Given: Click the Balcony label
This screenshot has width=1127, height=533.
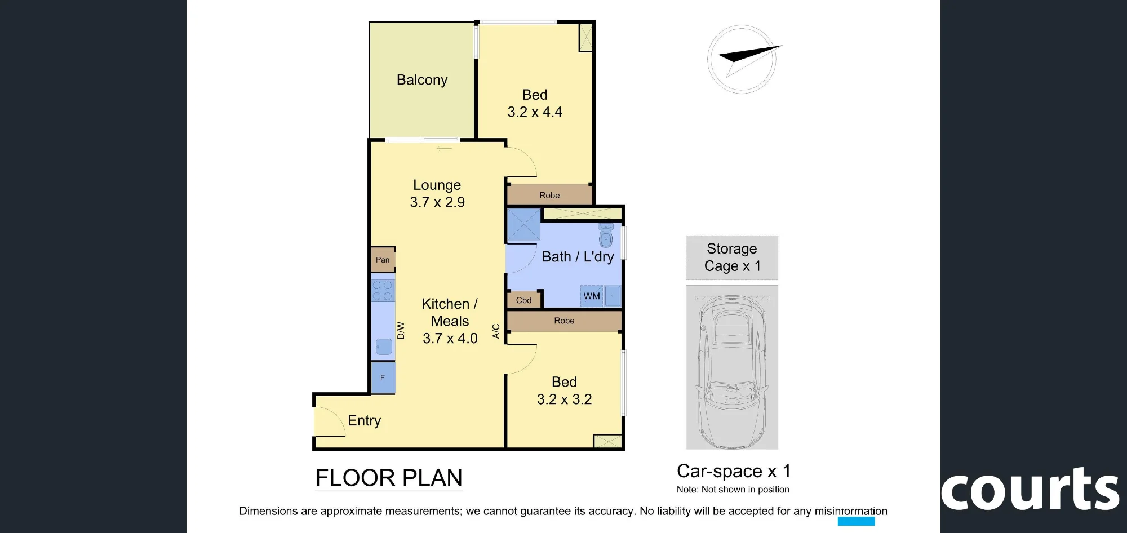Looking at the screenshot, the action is tap(422, 80).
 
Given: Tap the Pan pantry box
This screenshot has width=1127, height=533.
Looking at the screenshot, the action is tap(383, 260).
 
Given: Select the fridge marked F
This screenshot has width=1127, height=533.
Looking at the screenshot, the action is tap(383, 377).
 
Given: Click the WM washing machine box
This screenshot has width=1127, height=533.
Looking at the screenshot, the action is tap(592, 296).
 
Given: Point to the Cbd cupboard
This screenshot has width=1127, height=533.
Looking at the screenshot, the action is tap(524, 300).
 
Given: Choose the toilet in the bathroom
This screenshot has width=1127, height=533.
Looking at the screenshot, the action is tap(606, 236).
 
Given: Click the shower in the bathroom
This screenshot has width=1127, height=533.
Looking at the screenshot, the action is tap(523, 225).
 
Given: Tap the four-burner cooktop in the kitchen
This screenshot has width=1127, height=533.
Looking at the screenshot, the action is tap(383, 291).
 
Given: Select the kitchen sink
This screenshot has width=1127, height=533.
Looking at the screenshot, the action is tap(384, 346).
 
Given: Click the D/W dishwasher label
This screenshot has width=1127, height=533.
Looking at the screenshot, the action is tap(401, 330).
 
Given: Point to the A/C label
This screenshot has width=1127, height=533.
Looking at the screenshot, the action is tap(496, 331).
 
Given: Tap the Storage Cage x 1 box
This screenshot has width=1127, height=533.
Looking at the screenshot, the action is tap(732, 257).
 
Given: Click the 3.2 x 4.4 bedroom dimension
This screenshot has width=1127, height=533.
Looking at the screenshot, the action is tap(535, 112).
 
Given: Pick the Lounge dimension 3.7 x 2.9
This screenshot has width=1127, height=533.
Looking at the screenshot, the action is tap(437, 202).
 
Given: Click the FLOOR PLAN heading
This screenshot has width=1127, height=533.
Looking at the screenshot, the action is tap(389, 478).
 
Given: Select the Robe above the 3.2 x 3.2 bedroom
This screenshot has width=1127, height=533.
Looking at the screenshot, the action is tap(564, 321).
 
